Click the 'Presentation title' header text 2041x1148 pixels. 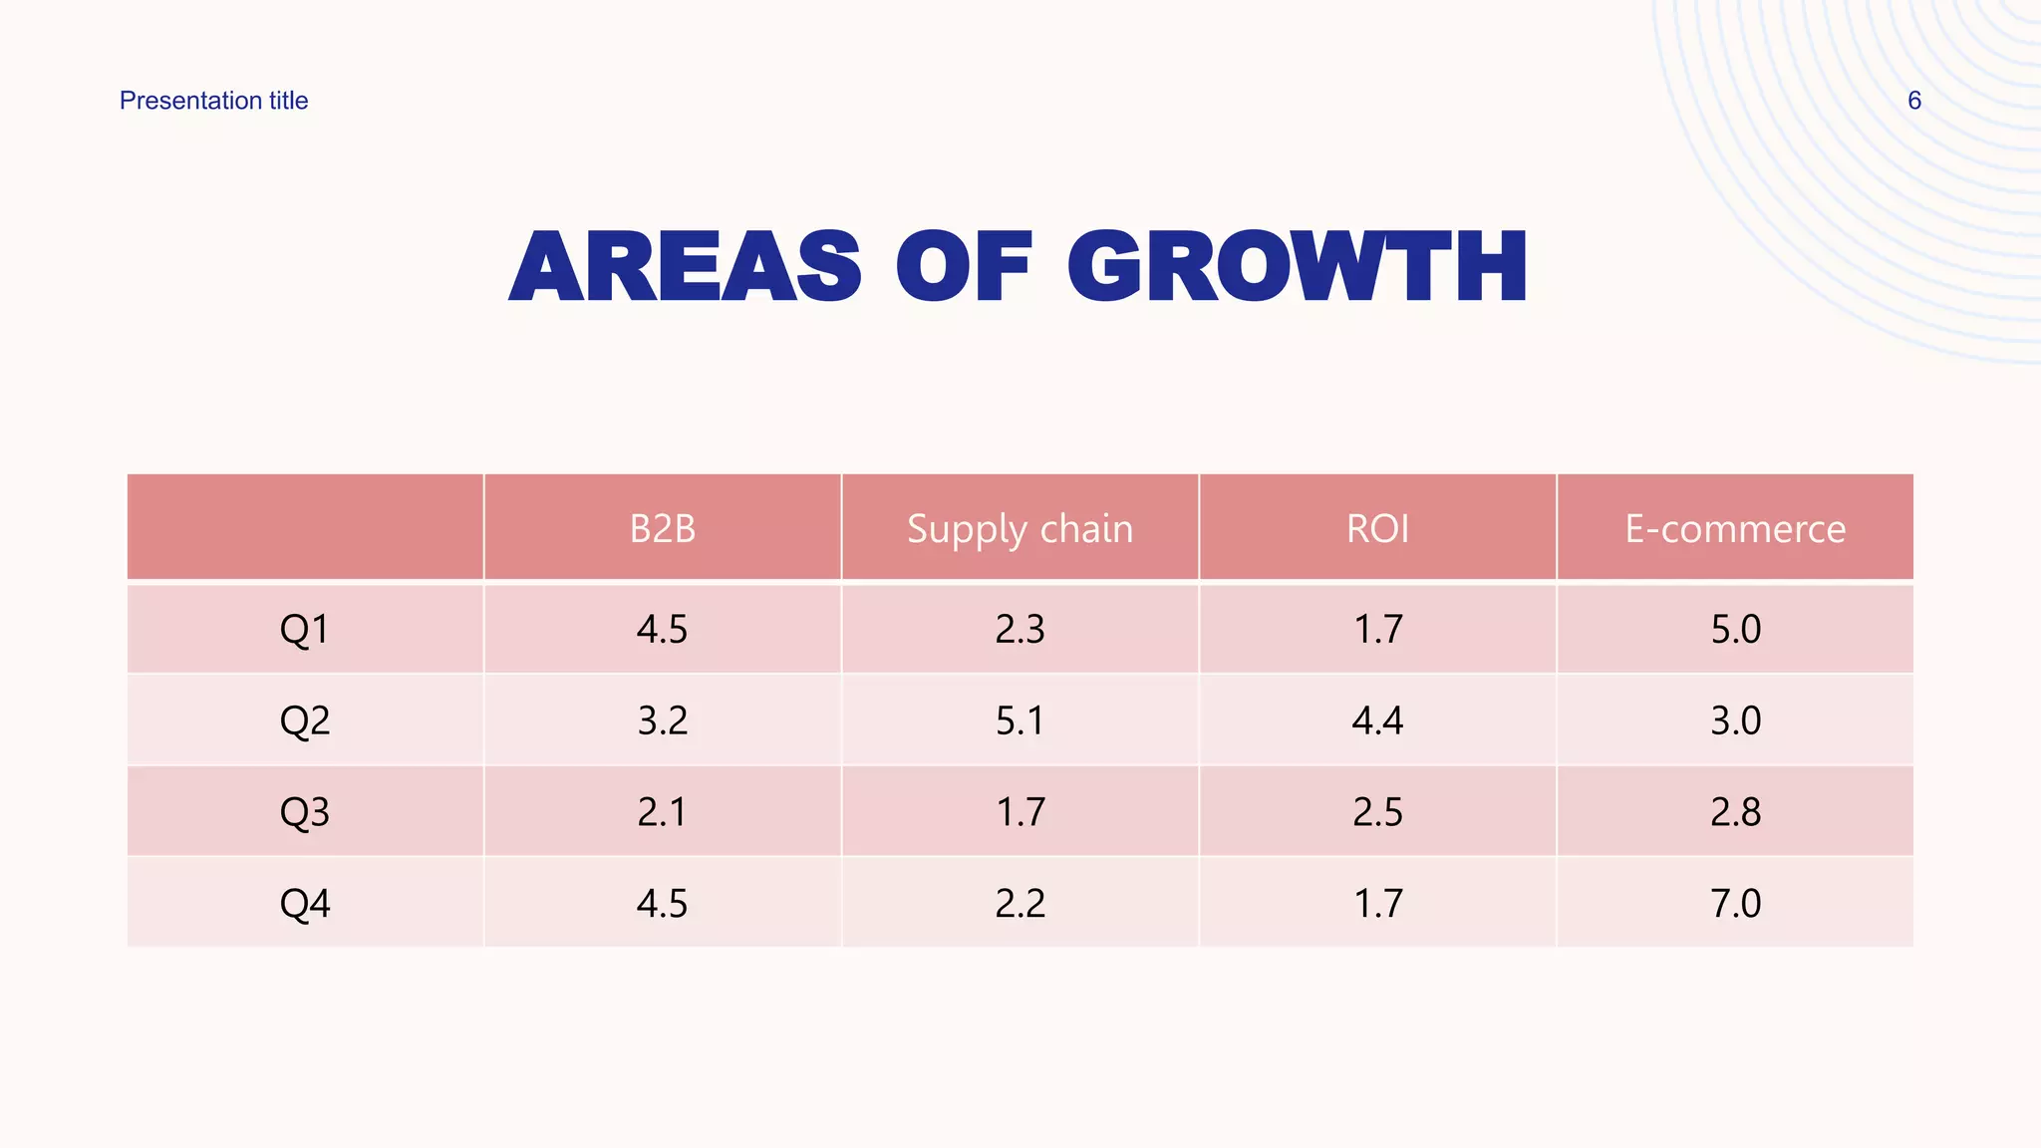coord(213,101)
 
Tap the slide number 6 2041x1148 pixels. coord(1913,101)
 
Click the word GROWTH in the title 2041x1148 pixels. coord(1297,267)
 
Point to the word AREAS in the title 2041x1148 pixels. coord(685,267)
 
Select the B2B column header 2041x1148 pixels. coord(663,528)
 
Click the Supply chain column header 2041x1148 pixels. coord(1020,528)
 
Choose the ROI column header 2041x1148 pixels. coord(1377,528)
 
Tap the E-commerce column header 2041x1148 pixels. coord(1735,528)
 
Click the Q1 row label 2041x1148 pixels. coord(304,629)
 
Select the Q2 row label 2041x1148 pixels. coord(304,719)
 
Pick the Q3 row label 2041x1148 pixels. coord(304,811)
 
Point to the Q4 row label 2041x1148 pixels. coord(304,903)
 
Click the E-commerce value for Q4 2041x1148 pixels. coord(1735,903)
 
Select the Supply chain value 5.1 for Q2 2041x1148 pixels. coord(1020,719)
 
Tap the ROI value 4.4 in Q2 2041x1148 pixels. coord(1377,719)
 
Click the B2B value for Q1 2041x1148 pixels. coord(663,629)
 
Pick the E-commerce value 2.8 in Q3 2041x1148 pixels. coord(1735,811)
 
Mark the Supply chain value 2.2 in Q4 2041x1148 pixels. coord(1020,903)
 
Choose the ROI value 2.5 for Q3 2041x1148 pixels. coord(1377,811)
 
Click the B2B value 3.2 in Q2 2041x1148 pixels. coord(663,719)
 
